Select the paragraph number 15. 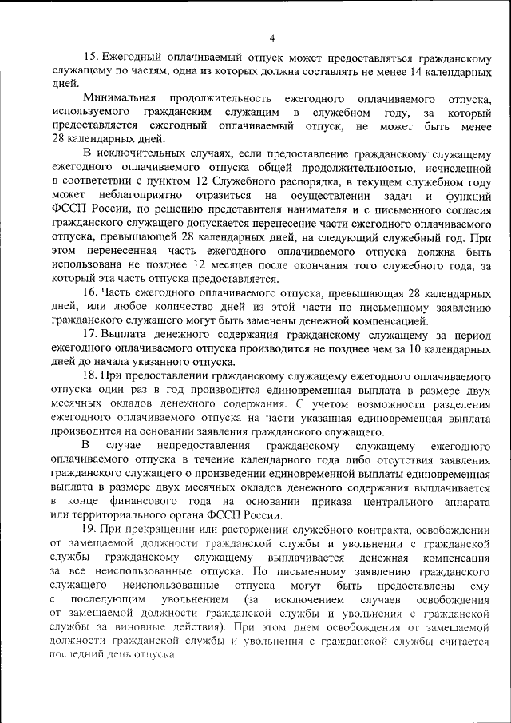(89, 58)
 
